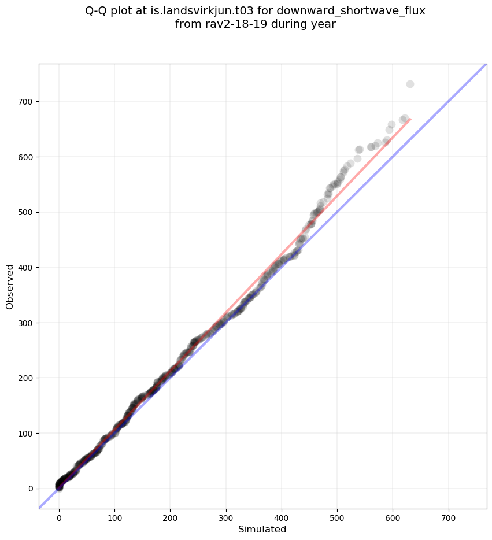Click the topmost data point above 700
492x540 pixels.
tap(410, 84)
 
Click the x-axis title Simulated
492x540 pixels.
tap(262, 529)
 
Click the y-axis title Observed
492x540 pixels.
tap(10, 286)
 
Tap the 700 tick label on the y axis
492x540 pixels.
tap(26, 102)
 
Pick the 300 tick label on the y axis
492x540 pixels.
tap(26, 323)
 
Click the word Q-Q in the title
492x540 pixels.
tap(96, 11)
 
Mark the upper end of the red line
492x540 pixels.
tap(410, 119)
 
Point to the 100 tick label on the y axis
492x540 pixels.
tap(26, 433)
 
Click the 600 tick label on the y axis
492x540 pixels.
tap(26, 157)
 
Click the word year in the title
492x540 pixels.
tap(324, 25)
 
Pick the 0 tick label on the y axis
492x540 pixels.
tap(31, 489)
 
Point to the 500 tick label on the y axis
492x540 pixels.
tap(26, 212)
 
